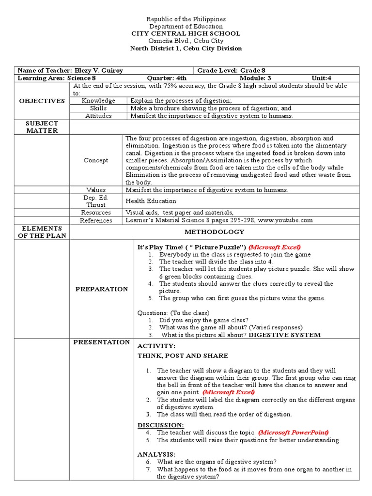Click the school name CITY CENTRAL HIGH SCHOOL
coord(186,33)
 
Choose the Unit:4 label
coord(322,78)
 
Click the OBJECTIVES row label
coord(42,101)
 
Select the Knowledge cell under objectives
coord(98,101)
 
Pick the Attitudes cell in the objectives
coord(98,116)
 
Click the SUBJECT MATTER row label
coord(42,127)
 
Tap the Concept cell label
coord(96,160)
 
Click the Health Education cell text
coord(151,201)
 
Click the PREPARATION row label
coord(101,289)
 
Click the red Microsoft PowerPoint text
coord(294,433)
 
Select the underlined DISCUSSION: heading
coord(154,425)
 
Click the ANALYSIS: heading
coord(156,455)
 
